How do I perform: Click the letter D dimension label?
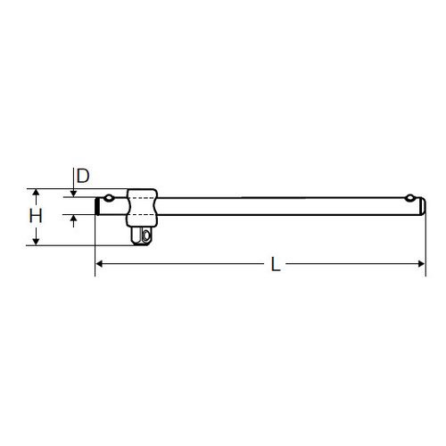(x=83, y=176)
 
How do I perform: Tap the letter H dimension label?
(x=36, y=216)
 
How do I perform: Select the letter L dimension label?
(x=276, y=264)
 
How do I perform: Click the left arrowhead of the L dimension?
(x=99, y=264)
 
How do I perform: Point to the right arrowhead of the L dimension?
(x=421, y=264)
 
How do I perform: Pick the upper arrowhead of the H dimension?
(x=36, y=192)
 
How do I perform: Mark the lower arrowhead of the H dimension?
(x=36, y=242)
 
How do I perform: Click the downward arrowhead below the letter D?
(x=73, y=194)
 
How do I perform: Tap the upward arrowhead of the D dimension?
(x=73, y=218)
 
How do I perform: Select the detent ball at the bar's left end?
(x=109, y=197)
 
